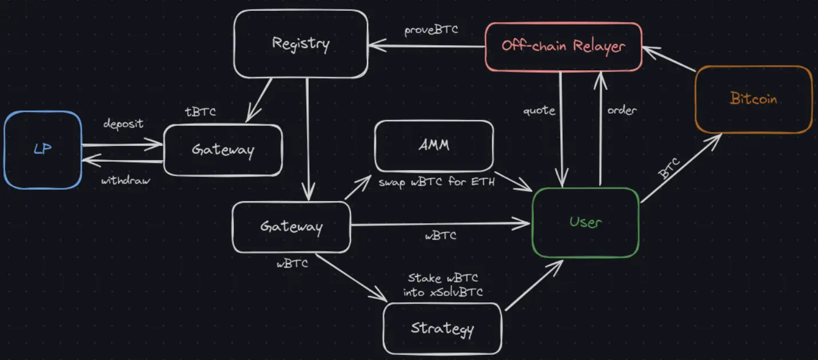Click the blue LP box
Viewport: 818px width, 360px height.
click(x=43, y=150)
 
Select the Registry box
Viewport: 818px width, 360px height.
click(x=301, y=43)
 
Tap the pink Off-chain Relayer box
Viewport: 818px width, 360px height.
click(x=563, y=46)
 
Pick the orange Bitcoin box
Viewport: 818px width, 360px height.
click(x=753, y=99)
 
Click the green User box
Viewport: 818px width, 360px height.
click(x=585, y=222)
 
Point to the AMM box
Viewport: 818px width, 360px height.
click(x=434, y=145)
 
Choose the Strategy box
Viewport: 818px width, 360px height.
click(x=442, y=329)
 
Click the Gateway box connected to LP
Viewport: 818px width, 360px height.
click(x=223, y=150)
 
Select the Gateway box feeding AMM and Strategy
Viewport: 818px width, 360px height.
click(x=292, y=227)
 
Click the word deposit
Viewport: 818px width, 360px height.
click(x=123, y=124)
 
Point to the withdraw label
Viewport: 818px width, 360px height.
click(x=126, y=181)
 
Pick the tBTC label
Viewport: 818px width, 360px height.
click(x=201, y=112)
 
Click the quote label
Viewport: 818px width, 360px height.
click(x=539, y=110)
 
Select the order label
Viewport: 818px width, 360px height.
click(x=622, y=110)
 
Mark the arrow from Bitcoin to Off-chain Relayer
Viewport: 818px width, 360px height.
click(x=669, y=60)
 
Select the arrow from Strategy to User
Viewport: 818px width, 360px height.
click(x=533, y=285)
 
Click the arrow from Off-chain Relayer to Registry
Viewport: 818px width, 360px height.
click(x=426, y=46)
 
